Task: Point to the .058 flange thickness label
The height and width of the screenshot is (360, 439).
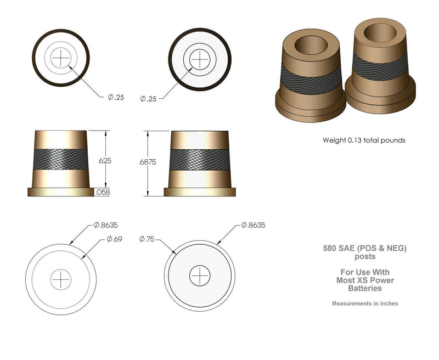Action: click(102, 192)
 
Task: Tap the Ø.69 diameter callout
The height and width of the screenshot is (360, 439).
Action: click(114, 239)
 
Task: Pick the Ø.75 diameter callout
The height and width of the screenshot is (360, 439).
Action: click(148, 239)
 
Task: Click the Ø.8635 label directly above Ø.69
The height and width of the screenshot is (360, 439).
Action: click(106, 225)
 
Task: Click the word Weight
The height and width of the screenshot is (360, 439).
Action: click(334, 140)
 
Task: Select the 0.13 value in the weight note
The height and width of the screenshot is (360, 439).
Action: click(354, 140)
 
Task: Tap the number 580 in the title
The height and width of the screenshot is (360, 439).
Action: click(330, 249)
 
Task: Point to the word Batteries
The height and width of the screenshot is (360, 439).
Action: click(364, 288)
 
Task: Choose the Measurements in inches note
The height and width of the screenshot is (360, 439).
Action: click(364, 303)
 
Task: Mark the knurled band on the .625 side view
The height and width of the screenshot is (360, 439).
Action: click(60, 159)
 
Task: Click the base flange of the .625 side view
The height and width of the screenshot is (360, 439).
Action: click(60, 192)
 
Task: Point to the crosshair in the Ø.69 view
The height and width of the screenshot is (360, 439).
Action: click(61, 279)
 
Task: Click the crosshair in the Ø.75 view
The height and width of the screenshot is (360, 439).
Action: click(200, 275)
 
